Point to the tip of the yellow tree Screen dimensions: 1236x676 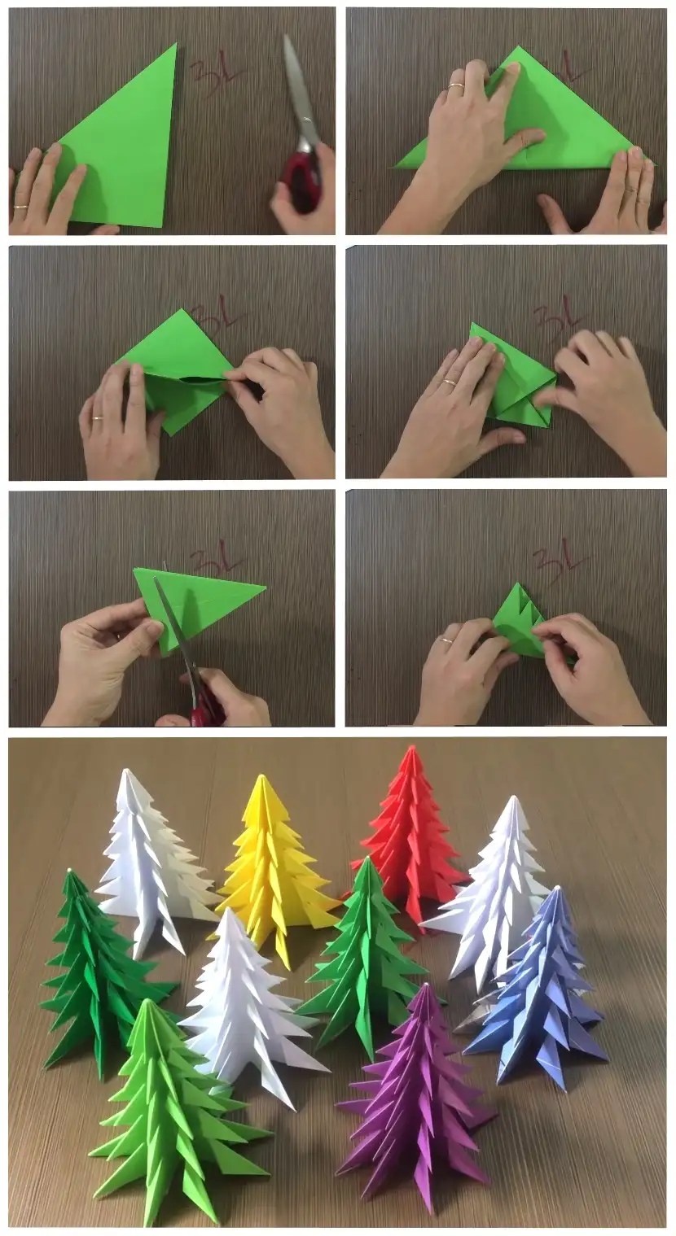pos(261,778)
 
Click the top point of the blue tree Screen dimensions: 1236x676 pos(556,889)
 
